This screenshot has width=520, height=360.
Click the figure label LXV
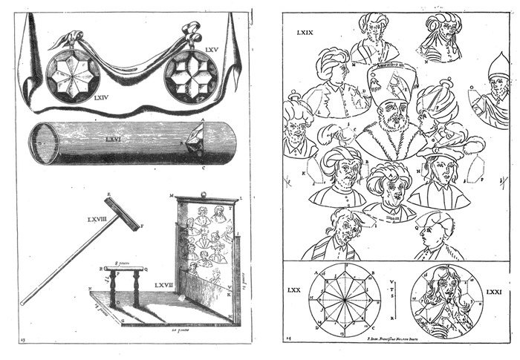[212, 49]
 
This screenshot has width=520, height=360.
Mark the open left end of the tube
[44, 144]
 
